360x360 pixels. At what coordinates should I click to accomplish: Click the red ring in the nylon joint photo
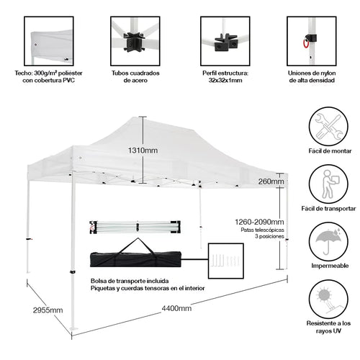click(x=307, y=43)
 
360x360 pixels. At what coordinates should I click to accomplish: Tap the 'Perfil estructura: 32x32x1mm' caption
click(x=226, y=77)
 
